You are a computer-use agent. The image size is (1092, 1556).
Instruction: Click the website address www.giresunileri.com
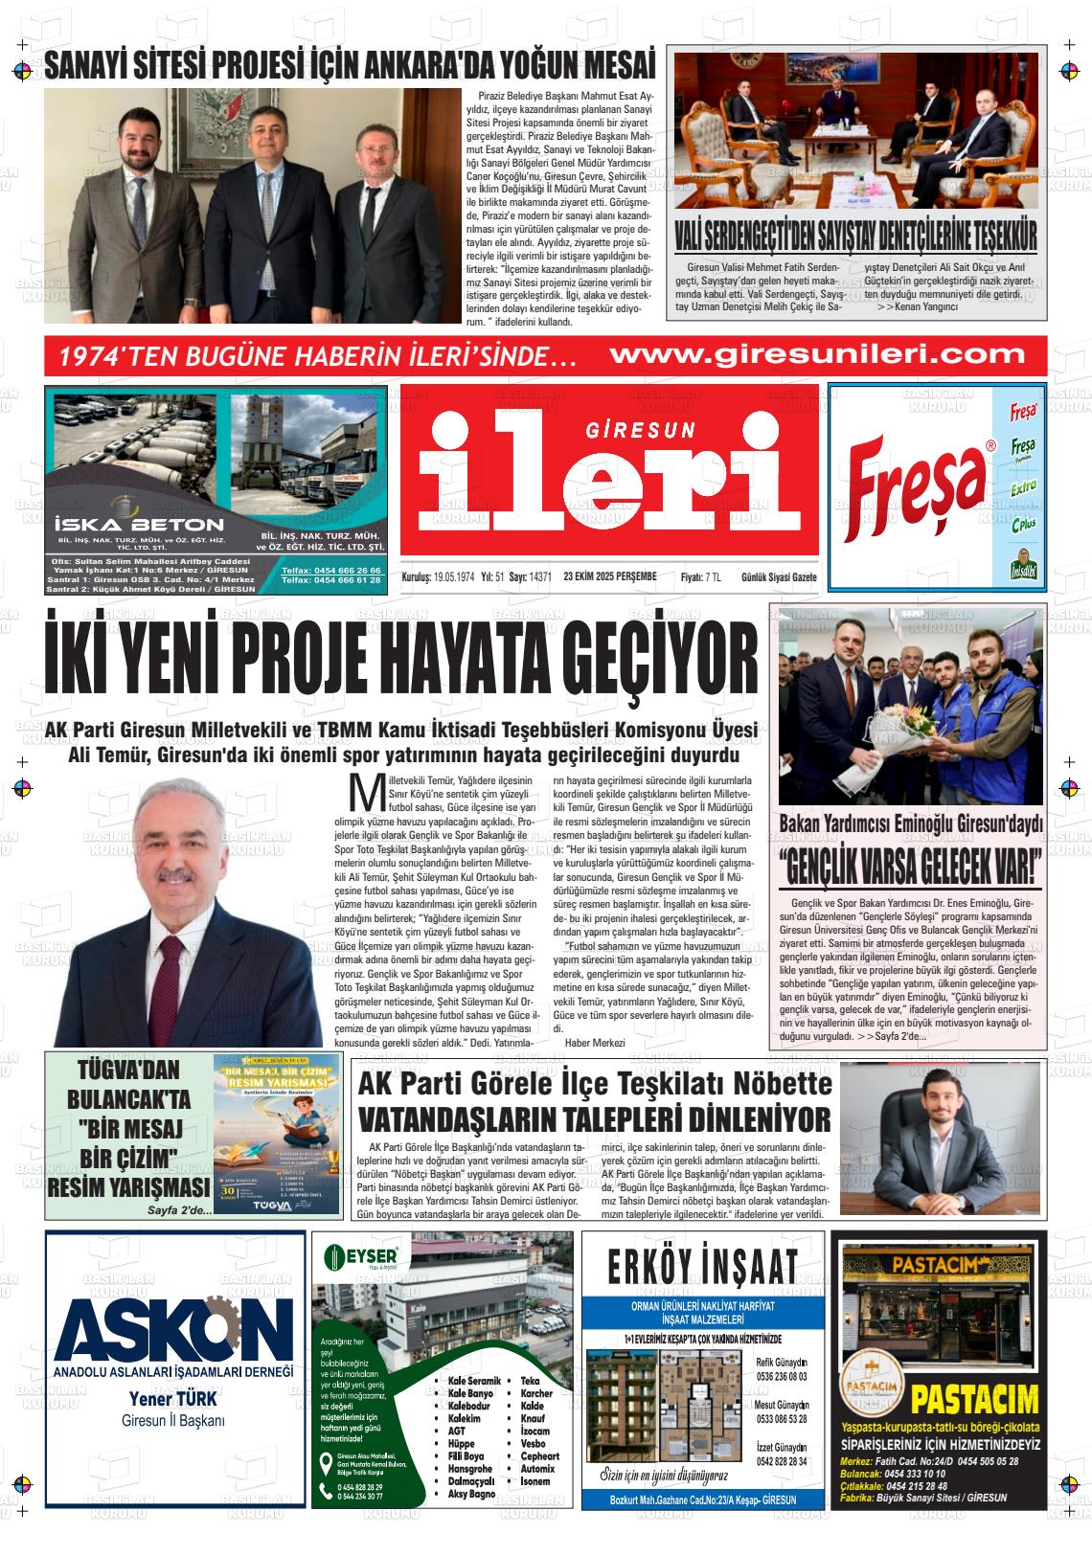816,355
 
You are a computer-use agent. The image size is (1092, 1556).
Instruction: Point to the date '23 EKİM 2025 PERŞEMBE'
610,576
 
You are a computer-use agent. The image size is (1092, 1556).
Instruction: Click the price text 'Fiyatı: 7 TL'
700,576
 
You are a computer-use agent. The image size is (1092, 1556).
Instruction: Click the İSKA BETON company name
140,524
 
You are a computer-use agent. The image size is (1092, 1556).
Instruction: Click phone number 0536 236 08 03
781,1376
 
